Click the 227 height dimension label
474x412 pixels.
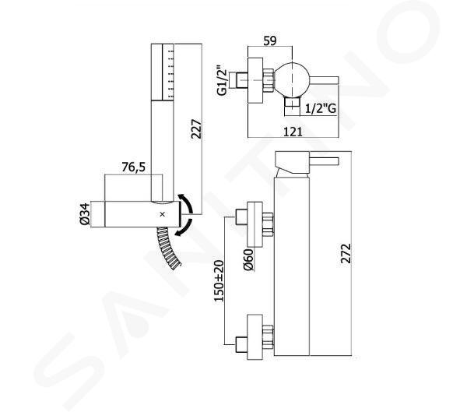click(196, 129)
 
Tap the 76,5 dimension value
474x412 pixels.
click(133, 167)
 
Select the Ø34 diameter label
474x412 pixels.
click(85, 214)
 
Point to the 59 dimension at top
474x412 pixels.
click(269, 40)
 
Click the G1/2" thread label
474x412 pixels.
click(222, 80)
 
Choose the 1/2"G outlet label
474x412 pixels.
click(321, 108)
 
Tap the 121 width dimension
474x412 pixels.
click(293, 132)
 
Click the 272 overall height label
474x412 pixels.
click(346, 253)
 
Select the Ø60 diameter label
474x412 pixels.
click(248, 259)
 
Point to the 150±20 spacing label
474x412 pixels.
click(219, 281)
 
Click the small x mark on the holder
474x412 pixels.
click(163, 214)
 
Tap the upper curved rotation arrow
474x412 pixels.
click(187, 203)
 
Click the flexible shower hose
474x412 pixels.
click(168, 248)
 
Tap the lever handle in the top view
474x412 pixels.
click(324, 80)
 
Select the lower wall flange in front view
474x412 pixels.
click(255, 337)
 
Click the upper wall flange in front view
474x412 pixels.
click(255, 224)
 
